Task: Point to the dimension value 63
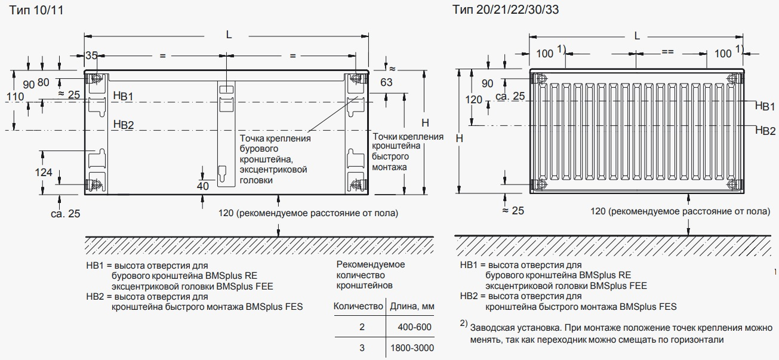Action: click(x=386, y=82)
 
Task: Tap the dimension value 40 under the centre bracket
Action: click(x=202, y=186)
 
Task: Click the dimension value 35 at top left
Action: click(x=91, y=56)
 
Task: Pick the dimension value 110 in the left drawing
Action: click(x=15, y=96)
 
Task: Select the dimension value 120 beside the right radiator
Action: click(x=473, y=100)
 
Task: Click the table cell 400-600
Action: click(x=414, y=327)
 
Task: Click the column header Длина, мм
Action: click(x=411, y=306)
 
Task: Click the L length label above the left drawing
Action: click(x=229, y=35)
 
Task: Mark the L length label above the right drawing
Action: click(x=637, y=36)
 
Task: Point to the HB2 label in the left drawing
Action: click(x=124, y=124)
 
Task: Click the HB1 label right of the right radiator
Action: click(x=765, y=106)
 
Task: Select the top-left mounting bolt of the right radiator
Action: click(x=541, y=78)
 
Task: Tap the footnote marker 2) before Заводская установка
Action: click(x=463, y=324)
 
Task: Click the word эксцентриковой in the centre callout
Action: click(x=273, y=170)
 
